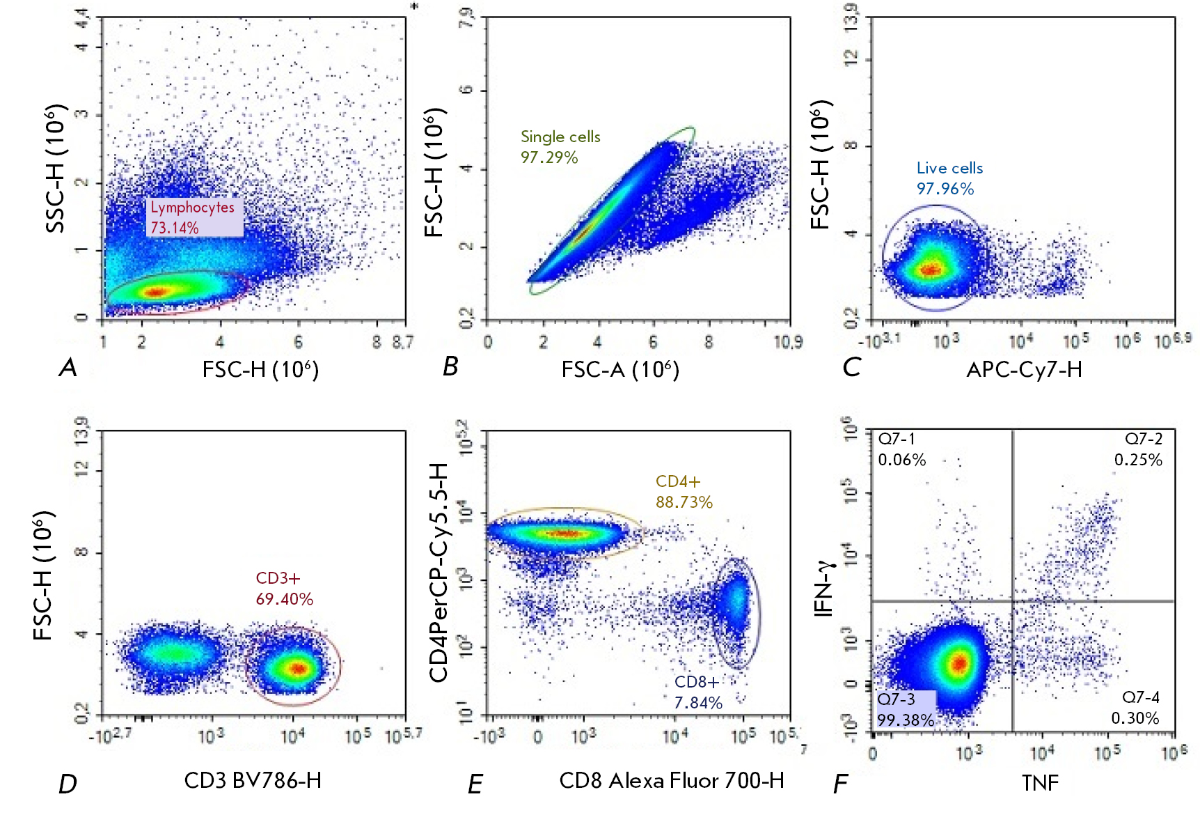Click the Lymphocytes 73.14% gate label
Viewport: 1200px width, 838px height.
193,217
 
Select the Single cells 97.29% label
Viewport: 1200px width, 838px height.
560,147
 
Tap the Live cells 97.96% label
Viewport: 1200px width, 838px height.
949,178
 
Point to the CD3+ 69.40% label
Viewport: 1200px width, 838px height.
284,589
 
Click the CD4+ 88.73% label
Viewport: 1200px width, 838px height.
684,492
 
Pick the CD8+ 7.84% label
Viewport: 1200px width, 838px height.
697,692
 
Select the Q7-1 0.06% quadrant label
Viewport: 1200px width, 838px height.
901,449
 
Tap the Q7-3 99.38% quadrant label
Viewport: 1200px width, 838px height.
904,709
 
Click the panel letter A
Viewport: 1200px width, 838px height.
68,367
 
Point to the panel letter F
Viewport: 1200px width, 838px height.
840,784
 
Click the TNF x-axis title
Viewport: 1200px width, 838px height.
1040,783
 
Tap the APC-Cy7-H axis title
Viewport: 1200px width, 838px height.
1024,369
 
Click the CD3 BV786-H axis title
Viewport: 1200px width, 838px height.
253,780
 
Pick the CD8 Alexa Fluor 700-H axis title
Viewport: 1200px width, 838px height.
672,781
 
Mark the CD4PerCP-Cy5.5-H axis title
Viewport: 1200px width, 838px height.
439,572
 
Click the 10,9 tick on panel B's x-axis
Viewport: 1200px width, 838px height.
788,342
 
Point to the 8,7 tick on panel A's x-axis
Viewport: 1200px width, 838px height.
402,342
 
